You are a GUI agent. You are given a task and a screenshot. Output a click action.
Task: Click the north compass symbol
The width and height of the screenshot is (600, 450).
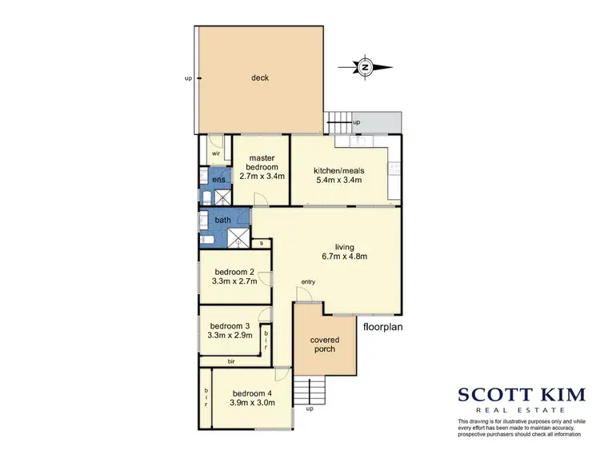coord(364,67)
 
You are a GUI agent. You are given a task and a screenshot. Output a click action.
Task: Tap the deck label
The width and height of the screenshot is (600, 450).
coord(260,78)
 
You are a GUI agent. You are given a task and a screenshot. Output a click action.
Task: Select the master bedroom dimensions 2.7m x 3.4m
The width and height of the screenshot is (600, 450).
coord(262,177)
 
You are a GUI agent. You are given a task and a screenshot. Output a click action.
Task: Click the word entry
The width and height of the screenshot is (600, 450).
coord(308,281)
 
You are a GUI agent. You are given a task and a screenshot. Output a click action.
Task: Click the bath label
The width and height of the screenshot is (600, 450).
coord(222,220)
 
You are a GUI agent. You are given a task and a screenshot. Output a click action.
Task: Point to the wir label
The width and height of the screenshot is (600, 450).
coord(216,152)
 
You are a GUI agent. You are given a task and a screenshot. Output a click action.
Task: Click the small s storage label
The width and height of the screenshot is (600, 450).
coord(260,242)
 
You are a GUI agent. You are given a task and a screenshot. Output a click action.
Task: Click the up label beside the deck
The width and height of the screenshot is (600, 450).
coord(188,78)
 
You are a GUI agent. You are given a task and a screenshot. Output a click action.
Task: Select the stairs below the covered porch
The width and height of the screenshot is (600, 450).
coord(310,391)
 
